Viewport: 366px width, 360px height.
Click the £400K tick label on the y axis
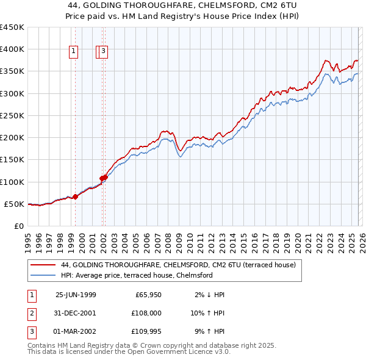click(x=12, y=49)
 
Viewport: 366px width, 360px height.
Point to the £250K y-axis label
click(x=12, y=115)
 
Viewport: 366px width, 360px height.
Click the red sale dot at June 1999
click(x=76, y=196)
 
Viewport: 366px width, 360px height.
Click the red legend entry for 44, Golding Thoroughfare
click(x=178, y=265)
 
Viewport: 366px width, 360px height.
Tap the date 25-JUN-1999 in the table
click(x=76, y=295)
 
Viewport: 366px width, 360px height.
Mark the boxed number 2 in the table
click(x=31, y=313)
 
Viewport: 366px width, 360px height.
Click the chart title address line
click(x=183, y=5)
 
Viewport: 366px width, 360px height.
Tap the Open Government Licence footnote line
click(x=129, y=352)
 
